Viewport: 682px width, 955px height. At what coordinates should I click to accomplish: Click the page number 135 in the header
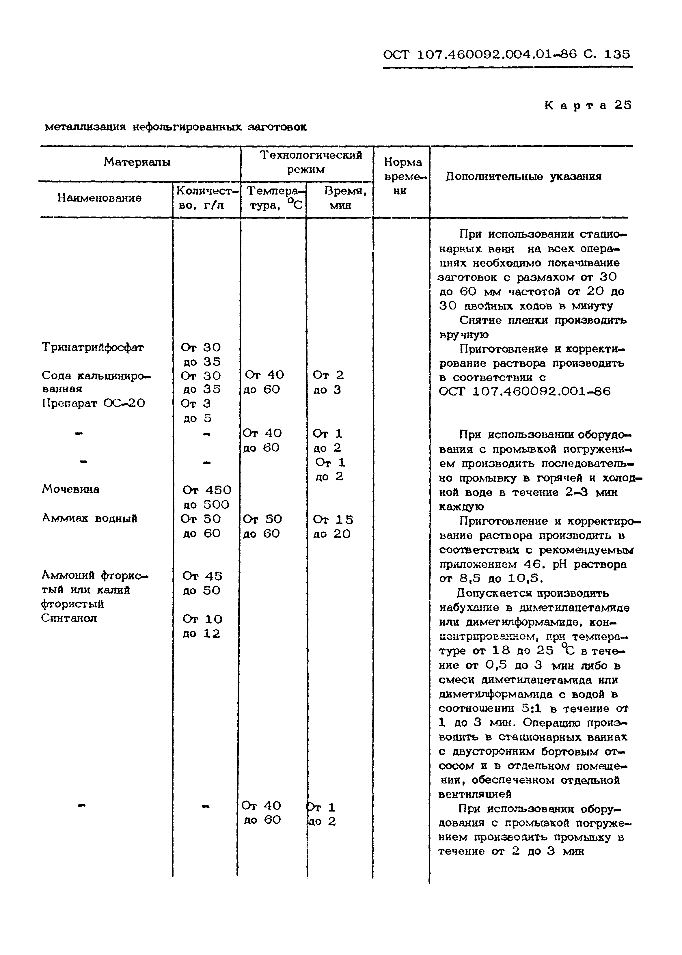(x=616, y=54)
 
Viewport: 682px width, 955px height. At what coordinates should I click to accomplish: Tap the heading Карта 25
(x=588, y=105)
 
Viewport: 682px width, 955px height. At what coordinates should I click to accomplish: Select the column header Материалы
(x=137, y=162)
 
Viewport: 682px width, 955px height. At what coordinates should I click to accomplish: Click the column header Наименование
(x=100, y=198)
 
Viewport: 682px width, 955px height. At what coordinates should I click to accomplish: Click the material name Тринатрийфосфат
(x=92, y=348)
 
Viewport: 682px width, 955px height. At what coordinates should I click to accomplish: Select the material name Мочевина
(x=70, y=489)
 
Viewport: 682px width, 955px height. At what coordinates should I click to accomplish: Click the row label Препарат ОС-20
(x=93, y=403)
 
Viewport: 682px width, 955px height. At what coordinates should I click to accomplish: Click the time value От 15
(x=333, y=520)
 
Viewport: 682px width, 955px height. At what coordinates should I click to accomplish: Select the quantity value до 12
(x=202, y=633)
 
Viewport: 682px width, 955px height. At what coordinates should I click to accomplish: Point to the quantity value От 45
(x=202, y=576)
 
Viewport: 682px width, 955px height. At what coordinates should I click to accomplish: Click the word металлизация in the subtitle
(x=85, y=127)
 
